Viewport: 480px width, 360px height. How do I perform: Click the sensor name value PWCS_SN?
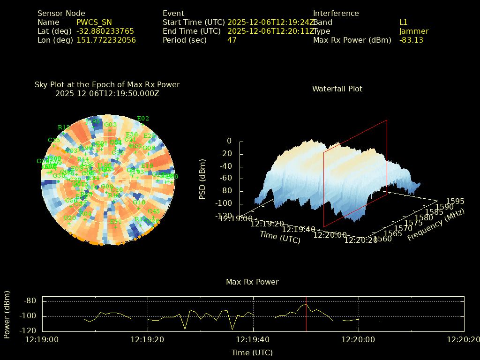[x=94, y=22]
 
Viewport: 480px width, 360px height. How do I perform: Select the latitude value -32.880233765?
[x=105, y=31]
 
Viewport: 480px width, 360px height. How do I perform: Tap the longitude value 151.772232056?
[x=106, y=40]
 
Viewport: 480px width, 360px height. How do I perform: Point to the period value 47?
[x=232, y=40]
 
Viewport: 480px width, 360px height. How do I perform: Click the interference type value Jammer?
[x=414, y=31]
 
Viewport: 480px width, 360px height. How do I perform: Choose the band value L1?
[x=403, y=22]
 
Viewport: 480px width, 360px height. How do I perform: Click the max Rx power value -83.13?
[x=411, y=40]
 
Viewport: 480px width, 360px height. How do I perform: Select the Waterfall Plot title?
[x=337, y=89]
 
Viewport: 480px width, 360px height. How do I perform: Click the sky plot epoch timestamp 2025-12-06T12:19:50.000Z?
[x=107, y=93]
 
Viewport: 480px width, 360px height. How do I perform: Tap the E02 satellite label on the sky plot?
[x=142, y=119]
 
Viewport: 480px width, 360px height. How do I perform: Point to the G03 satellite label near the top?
[x=110, y=124]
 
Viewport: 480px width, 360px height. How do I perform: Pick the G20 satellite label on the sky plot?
[x=69, y=218]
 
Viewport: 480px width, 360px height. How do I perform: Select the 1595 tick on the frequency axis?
[x=455, y=201]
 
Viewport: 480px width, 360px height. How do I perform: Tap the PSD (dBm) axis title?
[x=202, y=179]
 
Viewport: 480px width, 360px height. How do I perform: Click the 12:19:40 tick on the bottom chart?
[x=253, y=339]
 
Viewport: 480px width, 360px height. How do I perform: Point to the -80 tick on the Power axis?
[x=30, y=300]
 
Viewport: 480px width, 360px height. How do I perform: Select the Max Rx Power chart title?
[x=252, y=282]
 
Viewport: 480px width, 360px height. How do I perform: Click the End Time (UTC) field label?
[x=191, y=31]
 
